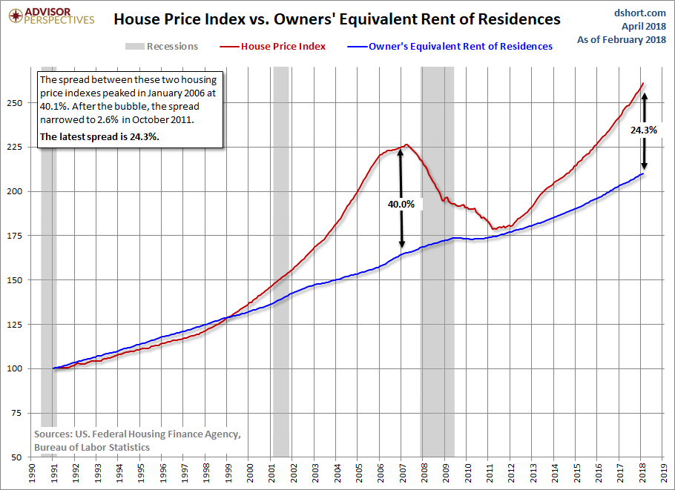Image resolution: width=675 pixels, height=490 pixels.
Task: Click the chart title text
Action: point(337,19)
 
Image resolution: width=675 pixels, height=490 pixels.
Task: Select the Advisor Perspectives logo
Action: point(51,16)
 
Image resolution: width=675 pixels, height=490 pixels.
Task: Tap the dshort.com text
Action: point(639,13)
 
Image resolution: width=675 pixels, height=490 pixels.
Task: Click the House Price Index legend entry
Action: point(272,47)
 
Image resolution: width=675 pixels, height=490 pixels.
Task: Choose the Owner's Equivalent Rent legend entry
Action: point(450,47)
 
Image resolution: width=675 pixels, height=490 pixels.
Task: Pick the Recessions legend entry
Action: point(162,47)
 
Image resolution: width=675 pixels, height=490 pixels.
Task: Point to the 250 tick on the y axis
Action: point(15,103)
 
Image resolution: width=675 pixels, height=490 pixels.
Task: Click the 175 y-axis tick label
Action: point(15,236)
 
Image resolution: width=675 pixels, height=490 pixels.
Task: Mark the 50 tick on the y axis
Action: point(17,457)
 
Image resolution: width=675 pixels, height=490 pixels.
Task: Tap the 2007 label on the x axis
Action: point(402,473)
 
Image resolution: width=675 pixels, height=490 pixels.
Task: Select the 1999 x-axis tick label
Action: point(228,473)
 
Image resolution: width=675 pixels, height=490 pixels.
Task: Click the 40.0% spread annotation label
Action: point(401,205)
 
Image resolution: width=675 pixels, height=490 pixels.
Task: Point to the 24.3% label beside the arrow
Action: point(644,130)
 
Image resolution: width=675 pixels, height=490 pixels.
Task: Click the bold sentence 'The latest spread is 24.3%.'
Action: point(99,137)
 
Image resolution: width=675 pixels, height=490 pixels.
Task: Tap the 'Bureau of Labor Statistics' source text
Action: point(92,448)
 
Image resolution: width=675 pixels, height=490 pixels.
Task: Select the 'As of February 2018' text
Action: point(622,39)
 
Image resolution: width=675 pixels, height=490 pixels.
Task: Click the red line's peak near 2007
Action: point(406,145)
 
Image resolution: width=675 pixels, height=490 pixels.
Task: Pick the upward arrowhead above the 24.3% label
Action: point(644,96)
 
